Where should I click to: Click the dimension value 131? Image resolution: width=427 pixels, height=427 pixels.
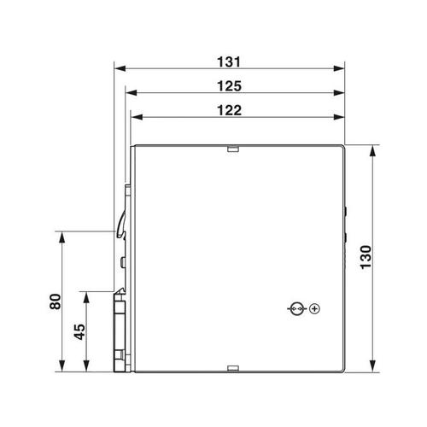pos(229,61)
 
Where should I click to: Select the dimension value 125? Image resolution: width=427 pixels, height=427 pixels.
pos(229,86)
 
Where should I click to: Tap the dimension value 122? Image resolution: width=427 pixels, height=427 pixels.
pos(229,110)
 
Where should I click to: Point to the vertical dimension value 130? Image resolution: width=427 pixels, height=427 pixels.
pos(366,257)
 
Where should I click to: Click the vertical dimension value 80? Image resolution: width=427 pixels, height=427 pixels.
pos(56,301)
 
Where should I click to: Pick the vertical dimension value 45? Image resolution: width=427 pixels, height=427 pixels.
pos(79,331)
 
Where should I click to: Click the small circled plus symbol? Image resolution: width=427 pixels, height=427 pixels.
pos(314,308)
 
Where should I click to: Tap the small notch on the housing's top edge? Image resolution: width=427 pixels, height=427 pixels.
pos(233,149)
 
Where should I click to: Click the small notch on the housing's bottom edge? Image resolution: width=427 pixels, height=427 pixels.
pos(233,368)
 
